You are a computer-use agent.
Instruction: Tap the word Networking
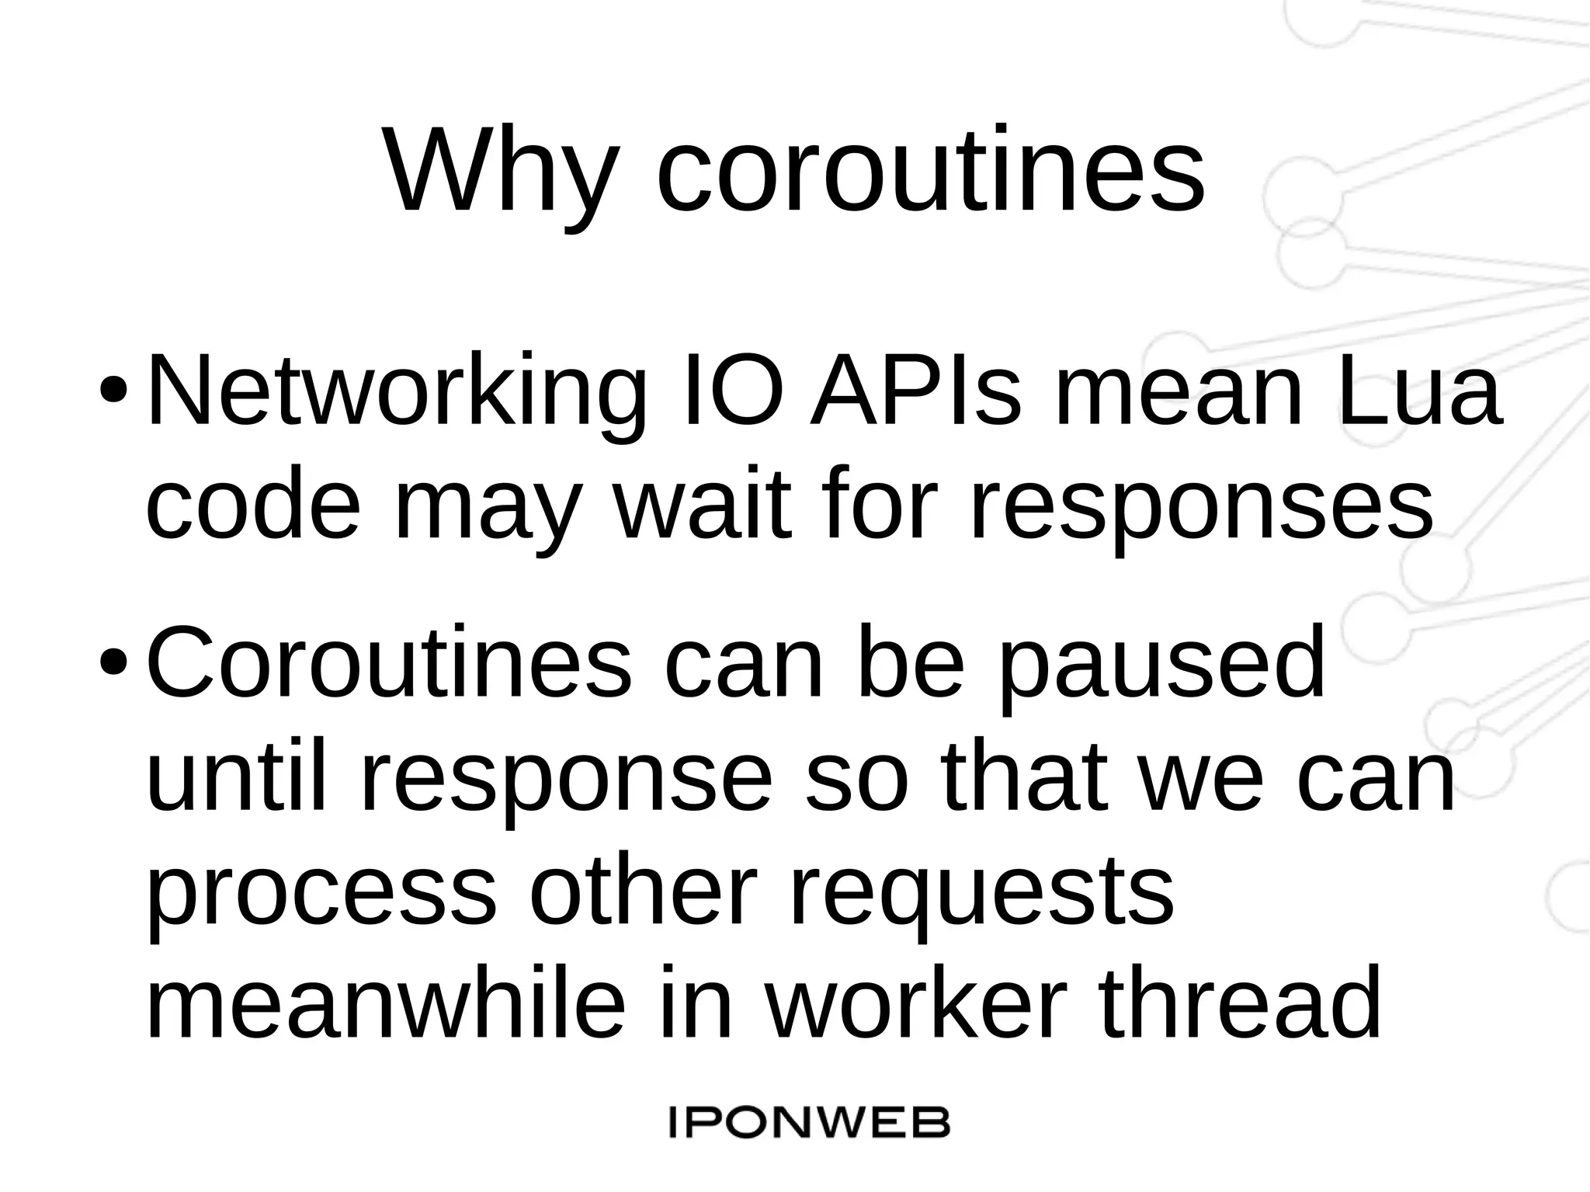(x=396, y=392)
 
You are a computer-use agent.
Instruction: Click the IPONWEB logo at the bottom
(x=809, y=1123)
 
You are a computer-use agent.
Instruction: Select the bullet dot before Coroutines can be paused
(x=113, y=660)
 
